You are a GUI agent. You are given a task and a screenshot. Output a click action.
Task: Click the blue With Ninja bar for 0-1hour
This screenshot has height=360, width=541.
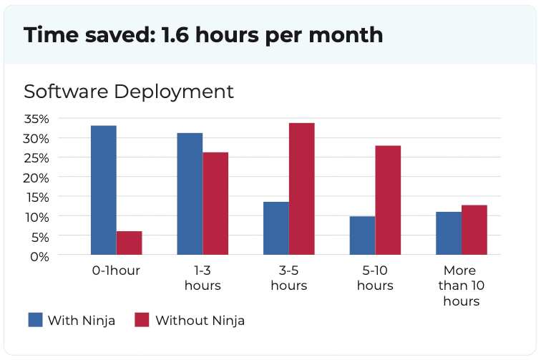point(103,190)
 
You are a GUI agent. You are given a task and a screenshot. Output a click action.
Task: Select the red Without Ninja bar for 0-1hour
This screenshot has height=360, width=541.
point(129,243)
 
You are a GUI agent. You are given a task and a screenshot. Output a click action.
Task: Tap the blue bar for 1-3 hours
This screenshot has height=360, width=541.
point(190,194)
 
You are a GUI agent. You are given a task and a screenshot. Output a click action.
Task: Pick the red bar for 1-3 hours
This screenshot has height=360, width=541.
point(215,203)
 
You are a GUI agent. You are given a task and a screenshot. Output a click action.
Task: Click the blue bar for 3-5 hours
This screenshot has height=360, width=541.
point(276,228)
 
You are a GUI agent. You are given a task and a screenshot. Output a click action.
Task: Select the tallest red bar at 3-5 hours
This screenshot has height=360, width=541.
point(301,189)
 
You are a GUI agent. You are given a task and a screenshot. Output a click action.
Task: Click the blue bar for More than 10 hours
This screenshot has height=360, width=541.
point(449,233)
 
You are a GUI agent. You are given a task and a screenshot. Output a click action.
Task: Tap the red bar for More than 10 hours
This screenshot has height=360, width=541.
point(474,230)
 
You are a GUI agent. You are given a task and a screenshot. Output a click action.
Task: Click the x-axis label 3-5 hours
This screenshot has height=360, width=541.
point(288,278)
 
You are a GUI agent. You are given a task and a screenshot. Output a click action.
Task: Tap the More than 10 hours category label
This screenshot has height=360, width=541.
point(460,286)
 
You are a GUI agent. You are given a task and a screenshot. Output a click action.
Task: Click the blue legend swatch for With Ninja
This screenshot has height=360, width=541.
point(35,320)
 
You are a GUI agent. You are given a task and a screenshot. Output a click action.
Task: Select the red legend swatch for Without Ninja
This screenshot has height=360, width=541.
point(142,320)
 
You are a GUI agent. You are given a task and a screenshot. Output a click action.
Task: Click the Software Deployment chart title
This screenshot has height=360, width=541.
point(129,92)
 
